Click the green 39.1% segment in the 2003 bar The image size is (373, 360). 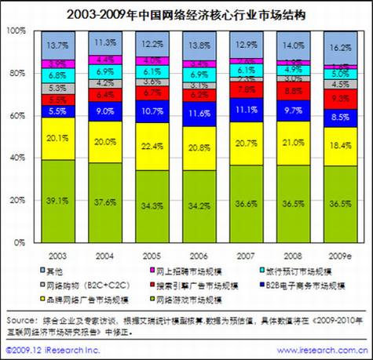(x=56, y=201)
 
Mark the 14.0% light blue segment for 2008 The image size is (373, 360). (x=294, y=45)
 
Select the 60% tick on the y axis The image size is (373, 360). (x=16, y=115)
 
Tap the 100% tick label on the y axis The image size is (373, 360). (x=14, y=31)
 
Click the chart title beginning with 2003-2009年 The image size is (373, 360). (x=185, y=13)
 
